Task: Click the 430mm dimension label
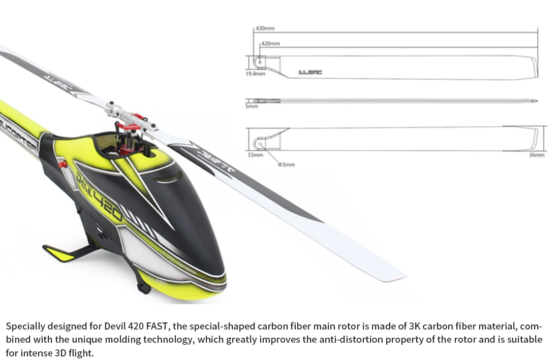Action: [265, 28]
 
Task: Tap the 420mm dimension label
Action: [270, 44]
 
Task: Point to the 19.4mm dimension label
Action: [256, 74]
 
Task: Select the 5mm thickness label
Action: [252, 107]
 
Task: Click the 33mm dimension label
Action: [255, 155]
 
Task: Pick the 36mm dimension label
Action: [537, 155]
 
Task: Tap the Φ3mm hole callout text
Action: [286, 165]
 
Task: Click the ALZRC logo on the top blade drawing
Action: [310, 73]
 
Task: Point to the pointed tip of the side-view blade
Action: [537, 101]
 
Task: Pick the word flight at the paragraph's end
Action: [83, 352]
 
